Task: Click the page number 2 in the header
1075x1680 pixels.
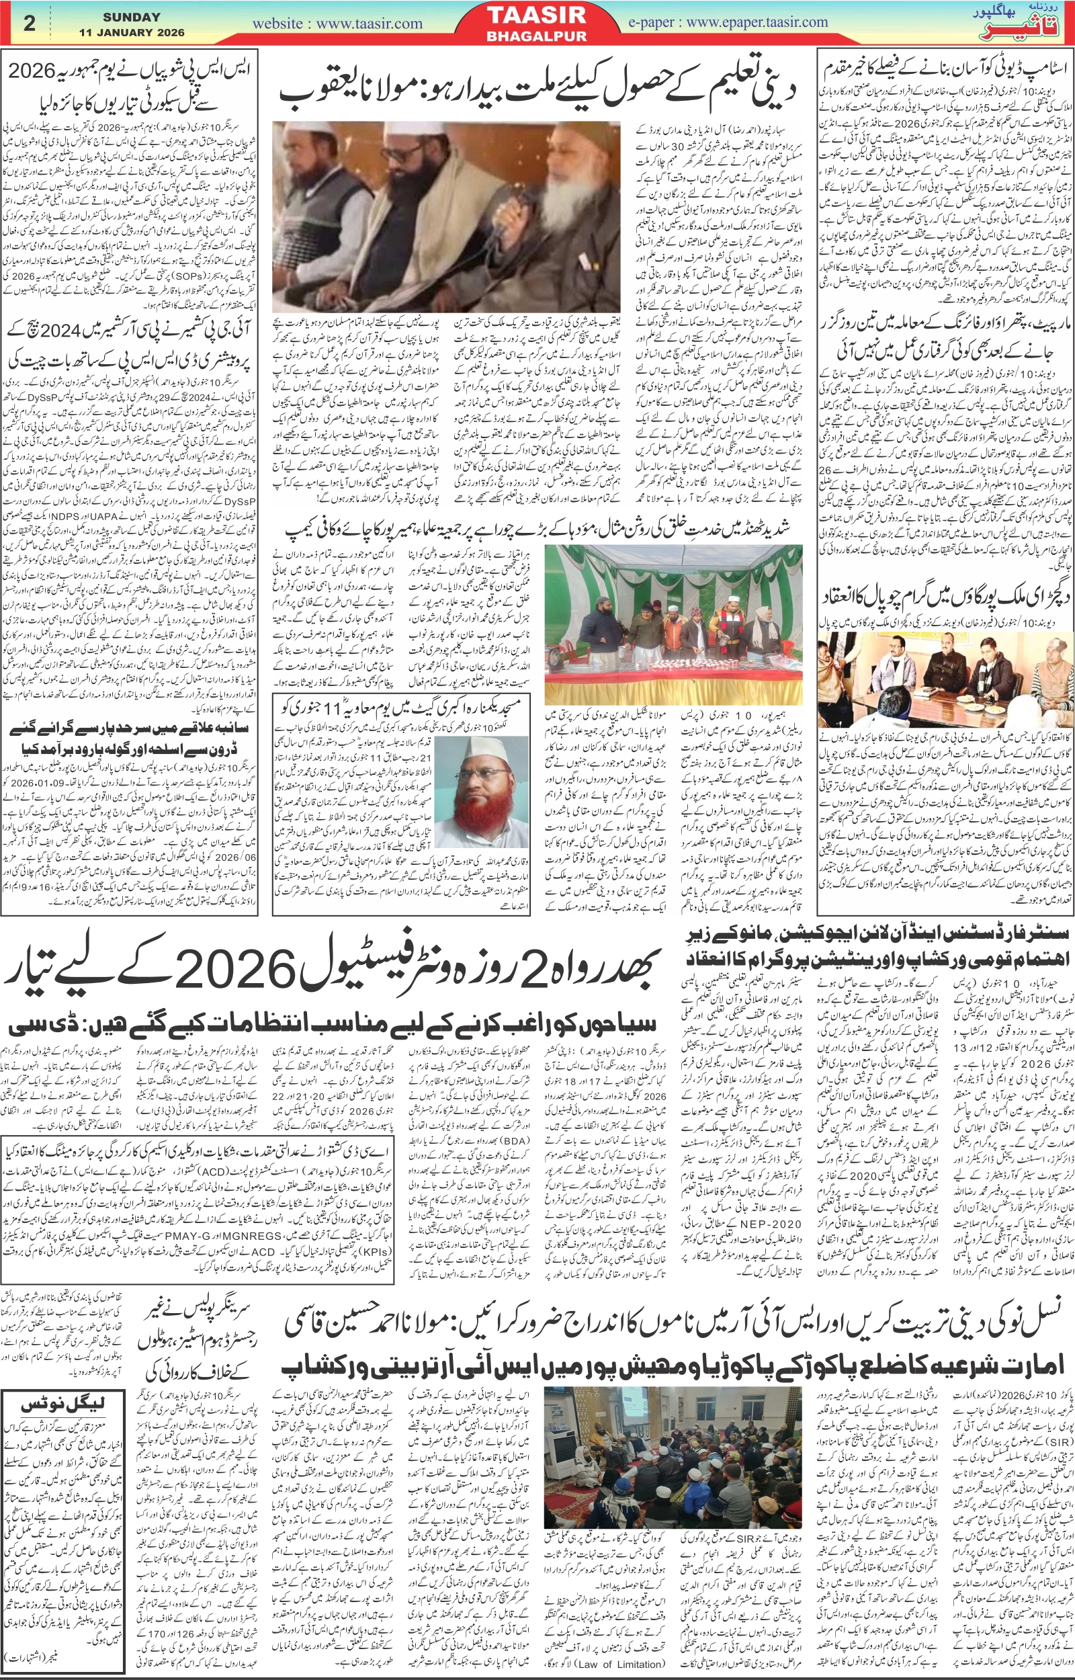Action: [29, 23]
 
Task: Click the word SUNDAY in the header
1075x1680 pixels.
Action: [131, 17]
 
